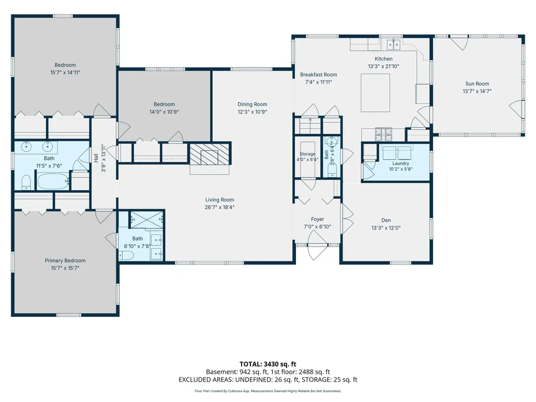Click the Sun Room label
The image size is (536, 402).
[477, 84]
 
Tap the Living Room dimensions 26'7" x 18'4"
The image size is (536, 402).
[220, 207]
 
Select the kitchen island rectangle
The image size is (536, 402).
[375, 93]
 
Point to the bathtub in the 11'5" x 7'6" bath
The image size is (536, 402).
[53, 181]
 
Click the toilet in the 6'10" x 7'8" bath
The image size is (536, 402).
[126, 255]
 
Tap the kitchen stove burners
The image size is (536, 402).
[383, 134]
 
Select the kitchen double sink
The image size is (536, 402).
[393, 44]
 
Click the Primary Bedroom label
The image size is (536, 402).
[65, 260]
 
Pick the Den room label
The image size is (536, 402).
[386, 221]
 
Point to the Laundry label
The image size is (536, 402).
[401, 164]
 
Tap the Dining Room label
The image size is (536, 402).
[252, 104]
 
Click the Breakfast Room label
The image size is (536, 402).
[318, 75]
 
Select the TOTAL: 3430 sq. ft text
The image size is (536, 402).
[268, 364]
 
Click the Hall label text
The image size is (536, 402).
[96, 157]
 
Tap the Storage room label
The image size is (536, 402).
[307, 154]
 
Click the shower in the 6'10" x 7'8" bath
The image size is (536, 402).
[147, 220]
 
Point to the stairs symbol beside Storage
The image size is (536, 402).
[311, 125]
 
